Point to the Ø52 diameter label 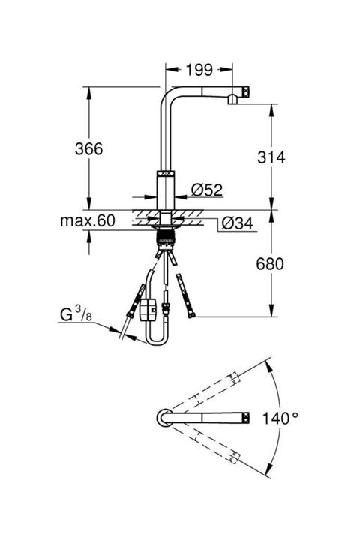[208, 190]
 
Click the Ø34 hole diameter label [237, 223]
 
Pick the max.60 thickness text [88, 220]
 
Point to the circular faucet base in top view [163, 417]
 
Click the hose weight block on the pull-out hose [150, 307]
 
